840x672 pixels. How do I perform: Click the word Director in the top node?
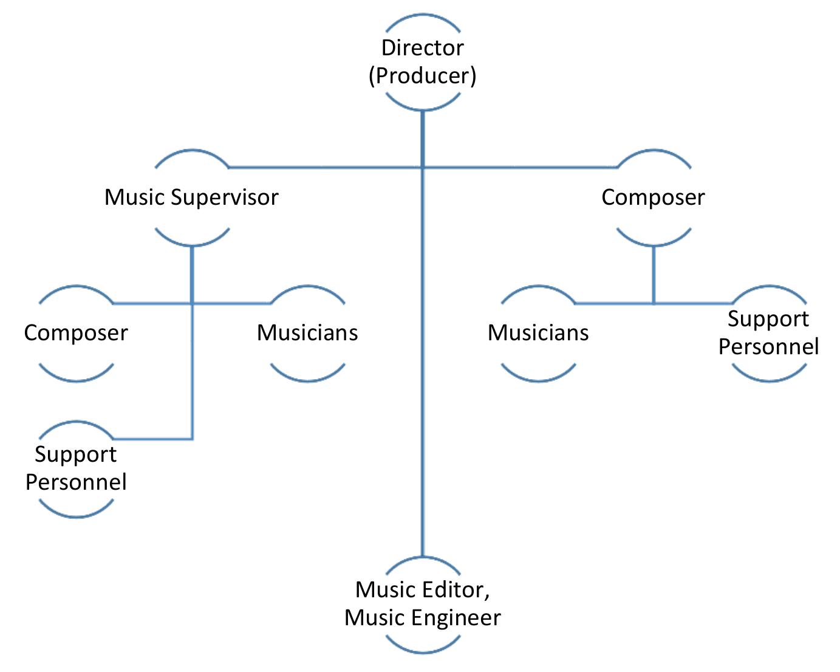pyautogui.click(x=422, y=47)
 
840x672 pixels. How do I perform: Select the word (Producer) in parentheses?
pyautogui.click(x=422, y=75)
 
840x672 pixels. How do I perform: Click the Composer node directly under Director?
pyautogui.click(x=653, y=197)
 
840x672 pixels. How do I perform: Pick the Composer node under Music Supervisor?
pyautogui.click(x=76, y=333)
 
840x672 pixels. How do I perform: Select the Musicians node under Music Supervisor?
pyautogui.click(x=307, y=333)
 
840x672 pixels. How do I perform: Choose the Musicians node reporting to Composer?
pyautogui.click(x=538, y=333)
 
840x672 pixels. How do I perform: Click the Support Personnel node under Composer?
pyautogui.click(x=768, y=332)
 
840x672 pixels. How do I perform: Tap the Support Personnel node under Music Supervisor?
pyautogui.click(x=76, y=468)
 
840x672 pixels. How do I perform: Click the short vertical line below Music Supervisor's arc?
pyautogui.click(x=192, y=273)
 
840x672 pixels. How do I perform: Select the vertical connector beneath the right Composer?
pyautogui.click(x=654, y=273)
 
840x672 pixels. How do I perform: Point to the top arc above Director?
pyautogui.click(x=423, y=18)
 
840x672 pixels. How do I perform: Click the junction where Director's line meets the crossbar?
pyautogui.click(x=423, y=166)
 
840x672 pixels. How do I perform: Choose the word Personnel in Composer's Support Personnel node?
pyautogui.click(x=768, y=346)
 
